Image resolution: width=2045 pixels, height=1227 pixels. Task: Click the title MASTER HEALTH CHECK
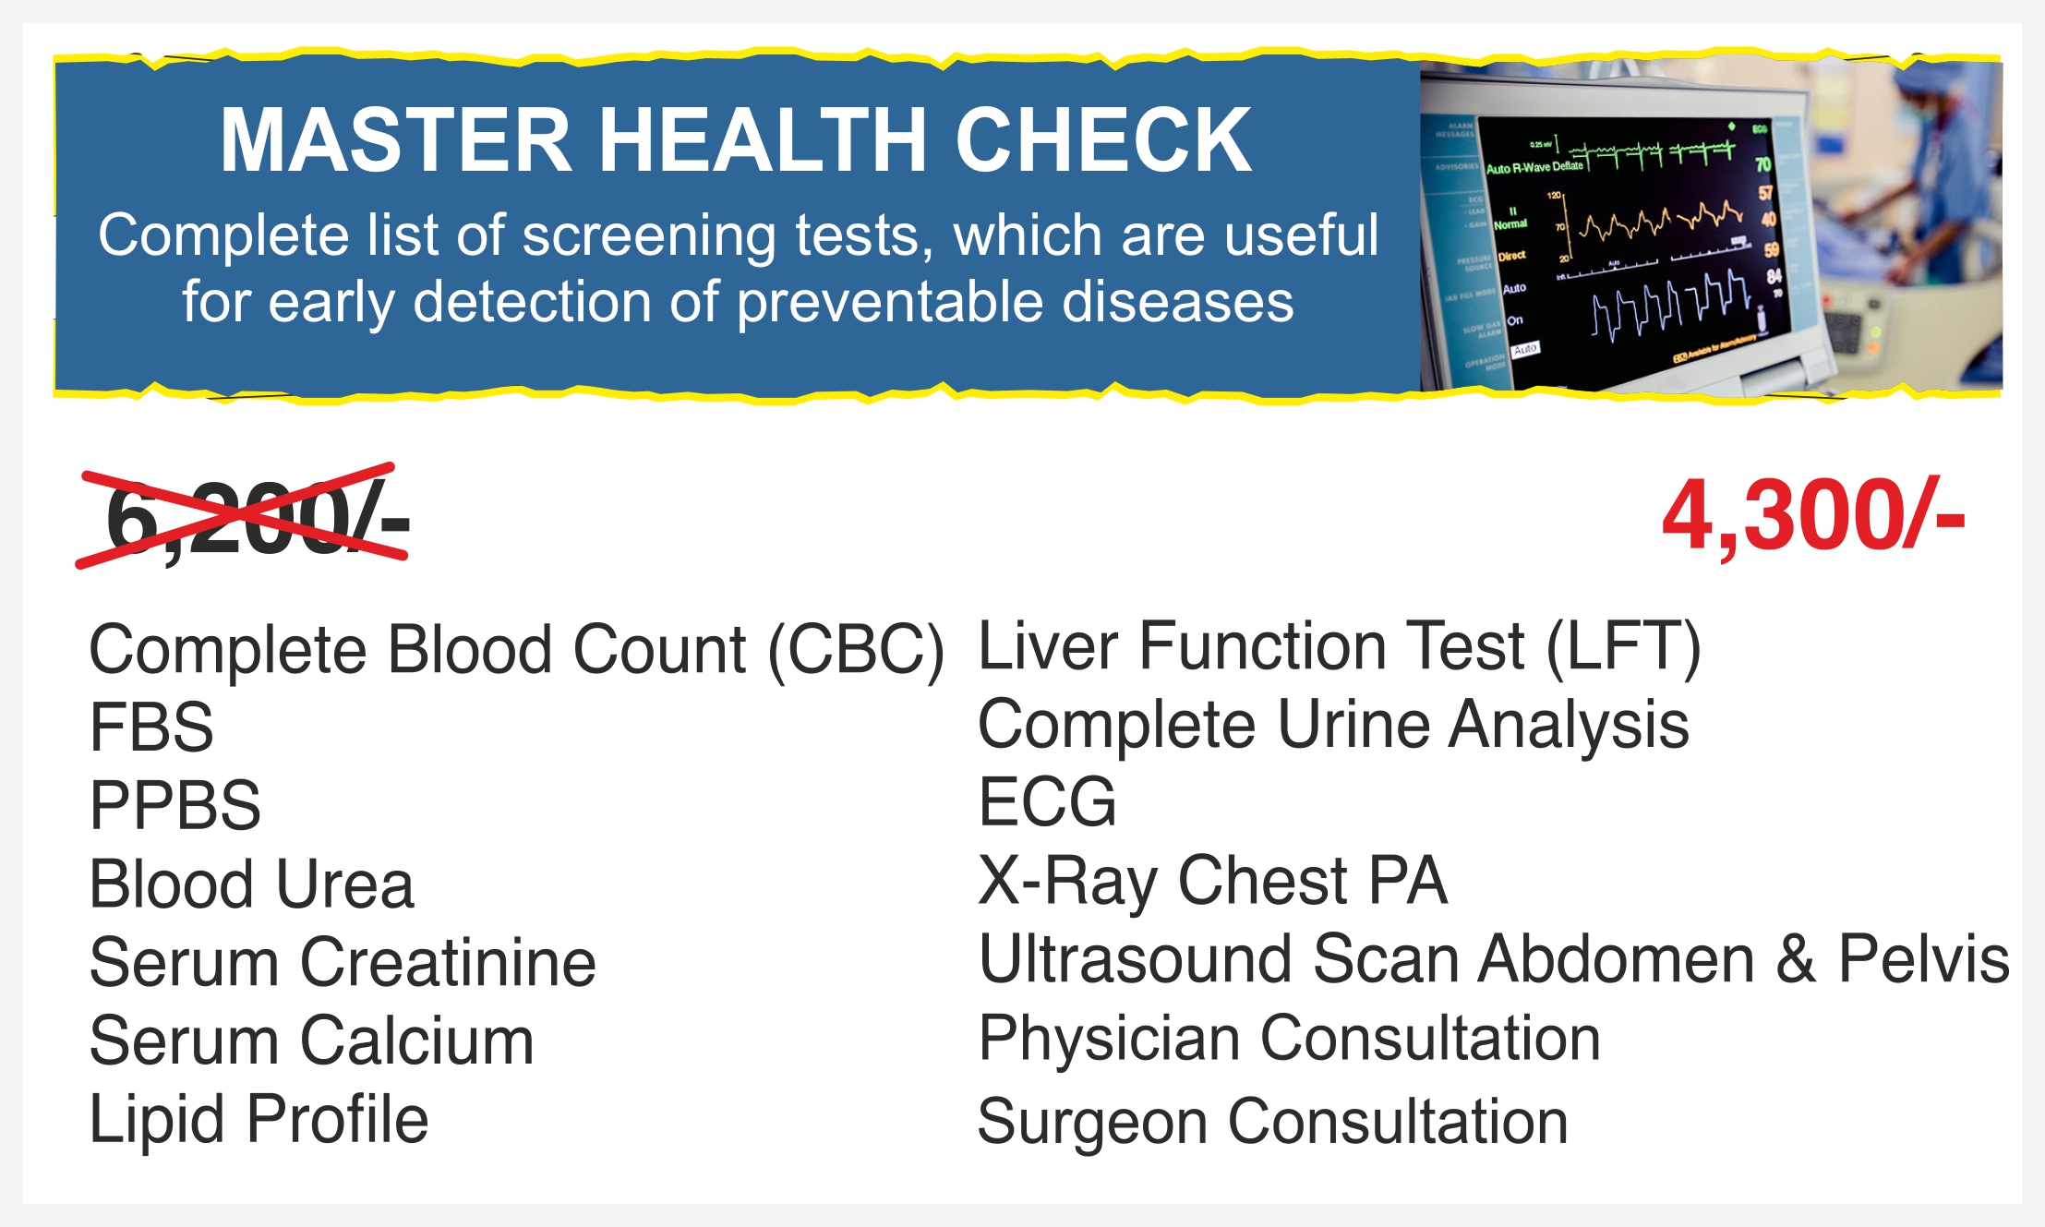735,140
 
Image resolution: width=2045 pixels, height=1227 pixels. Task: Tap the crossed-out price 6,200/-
242,516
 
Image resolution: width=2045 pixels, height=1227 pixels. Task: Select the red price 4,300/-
1813,516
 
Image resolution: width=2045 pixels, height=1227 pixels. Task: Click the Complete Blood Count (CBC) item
517,650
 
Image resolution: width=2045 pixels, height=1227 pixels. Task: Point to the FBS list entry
151,728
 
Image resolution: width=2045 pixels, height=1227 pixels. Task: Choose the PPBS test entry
175,805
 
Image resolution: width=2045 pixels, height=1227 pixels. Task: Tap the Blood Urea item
252,884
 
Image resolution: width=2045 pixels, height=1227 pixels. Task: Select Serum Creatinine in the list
343,962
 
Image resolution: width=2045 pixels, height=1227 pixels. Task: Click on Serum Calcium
312,1041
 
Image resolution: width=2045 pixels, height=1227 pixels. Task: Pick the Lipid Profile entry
259,1119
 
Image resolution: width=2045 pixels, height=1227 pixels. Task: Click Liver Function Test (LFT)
1340,646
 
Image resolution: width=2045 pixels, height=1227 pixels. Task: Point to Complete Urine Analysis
1334,726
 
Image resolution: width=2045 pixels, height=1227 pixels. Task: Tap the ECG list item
1048,801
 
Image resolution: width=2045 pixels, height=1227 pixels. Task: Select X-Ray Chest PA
1213,881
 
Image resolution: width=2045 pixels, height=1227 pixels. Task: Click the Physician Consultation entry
1290,1039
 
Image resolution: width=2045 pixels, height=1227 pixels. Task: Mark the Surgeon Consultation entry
1273,1122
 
